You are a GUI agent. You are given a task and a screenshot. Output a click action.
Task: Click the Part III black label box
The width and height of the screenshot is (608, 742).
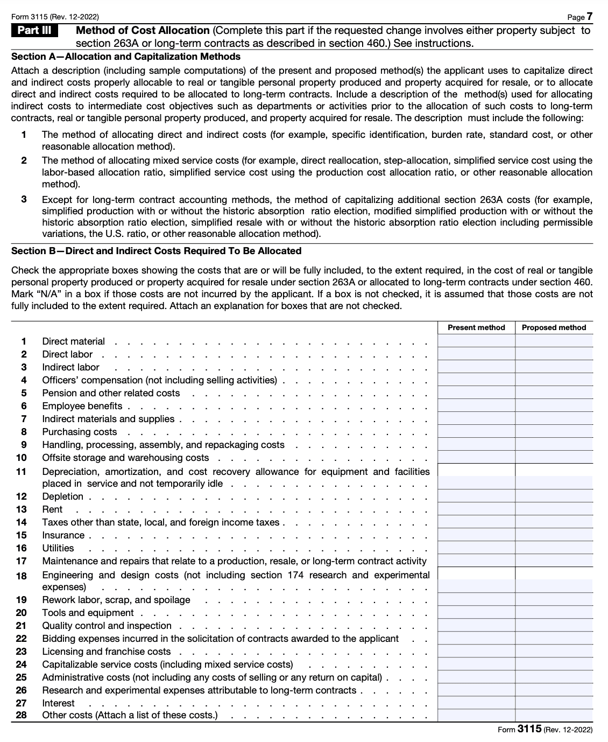tap(34, 31)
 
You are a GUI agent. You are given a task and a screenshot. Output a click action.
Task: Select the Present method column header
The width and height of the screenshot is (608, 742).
tap(476, 327)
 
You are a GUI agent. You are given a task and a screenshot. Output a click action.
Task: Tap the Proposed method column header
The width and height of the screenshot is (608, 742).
tap(554, 327)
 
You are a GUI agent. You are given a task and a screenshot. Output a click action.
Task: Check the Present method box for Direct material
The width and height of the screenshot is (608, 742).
tap(476, 341)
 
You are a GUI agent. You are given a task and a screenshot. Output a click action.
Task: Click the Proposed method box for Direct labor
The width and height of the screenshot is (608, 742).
tap(554, 354)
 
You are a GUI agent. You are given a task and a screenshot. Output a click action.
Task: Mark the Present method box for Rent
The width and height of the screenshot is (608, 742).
tap(476, 509)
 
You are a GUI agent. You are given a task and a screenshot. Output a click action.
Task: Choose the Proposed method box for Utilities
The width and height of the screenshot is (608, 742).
tap(554, 548)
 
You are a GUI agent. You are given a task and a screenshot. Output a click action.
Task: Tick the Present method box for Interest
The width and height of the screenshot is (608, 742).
tap(476, 703)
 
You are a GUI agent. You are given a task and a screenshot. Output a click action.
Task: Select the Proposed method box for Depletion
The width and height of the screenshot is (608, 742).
tap(554, 496)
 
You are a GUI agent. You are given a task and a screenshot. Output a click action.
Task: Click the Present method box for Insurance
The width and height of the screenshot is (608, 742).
tap(476, 535)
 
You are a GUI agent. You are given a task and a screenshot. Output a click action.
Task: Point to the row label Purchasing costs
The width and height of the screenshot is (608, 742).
tap(80, 432)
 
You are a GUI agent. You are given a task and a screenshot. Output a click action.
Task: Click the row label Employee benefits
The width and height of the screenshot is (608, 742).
tap(82, 406)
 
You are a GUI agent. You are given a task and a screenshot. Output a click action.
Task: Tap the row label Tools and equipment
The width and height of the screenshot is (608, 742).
tap(88, 613)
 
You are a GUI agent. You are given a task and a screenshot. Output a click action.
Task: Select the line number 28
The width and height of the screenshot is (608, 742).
tap(22, 716)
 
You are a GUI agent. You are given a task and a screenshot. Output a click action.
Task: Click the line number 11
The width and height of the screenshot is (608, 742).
tap(22, 472)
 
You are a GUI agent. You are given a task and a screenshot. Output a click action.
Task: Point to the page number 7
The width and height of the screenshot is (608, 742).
tap(589, 17)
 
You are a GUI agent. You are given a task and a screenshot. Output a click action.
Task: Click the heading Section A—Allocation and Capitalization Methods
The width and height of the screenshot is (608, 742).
tap(126, 57)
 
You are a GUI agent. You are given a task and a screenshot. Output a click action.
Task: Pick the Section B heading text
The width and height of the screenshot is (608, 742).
tap(156, 251)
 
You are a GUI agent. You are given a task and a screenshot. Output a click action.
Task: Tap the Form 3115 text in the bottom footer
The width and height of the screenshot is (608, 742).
tap(519, 730)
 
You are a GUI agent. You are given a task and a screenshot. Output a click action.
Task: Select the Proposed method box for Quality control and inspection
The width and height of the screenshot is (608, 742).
tap(554, 626)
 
